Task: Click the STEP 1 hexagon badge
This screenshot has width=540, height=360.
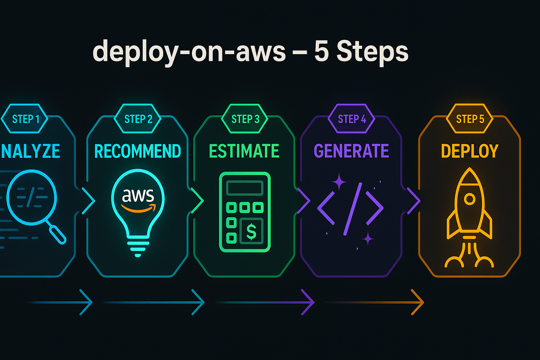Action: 25,119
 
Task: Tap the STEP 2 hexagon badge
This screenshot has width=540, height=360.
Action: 138,119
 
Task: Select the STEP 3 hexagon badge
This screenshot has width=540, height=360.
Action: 245,119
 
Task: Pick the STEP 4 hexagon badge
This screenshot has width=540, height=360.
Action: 352,119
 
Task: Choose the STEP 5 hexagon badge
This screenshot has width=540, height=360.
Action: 470,119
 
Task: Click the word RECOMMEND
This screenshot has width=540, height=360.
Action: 137,151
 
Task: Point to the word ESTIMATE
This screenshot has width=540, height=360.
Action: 244,151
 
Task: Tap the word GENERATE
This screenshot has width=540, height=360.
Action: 351,151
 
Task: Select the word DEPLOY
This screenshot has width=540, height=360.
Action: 470,151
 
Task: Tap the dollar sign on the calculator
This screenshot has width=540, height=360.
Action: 251,231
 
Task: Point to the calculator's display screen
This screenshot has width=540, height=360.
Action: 245,188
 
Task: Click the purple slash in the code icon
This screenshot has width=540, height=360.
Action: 352,209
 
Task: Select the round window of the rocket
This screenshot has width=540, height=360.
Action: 469,199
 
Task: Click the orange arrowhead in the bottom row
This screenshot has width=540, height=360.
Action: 418,302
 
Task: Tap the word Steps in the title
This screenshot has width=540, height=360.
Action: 372,51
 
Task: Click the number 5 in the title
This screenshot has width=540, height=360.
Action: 321,51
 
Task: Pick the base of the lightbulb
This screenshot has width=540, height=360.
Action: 138,248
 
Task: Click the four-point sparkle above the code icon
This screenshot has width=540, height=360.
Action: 339,181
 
